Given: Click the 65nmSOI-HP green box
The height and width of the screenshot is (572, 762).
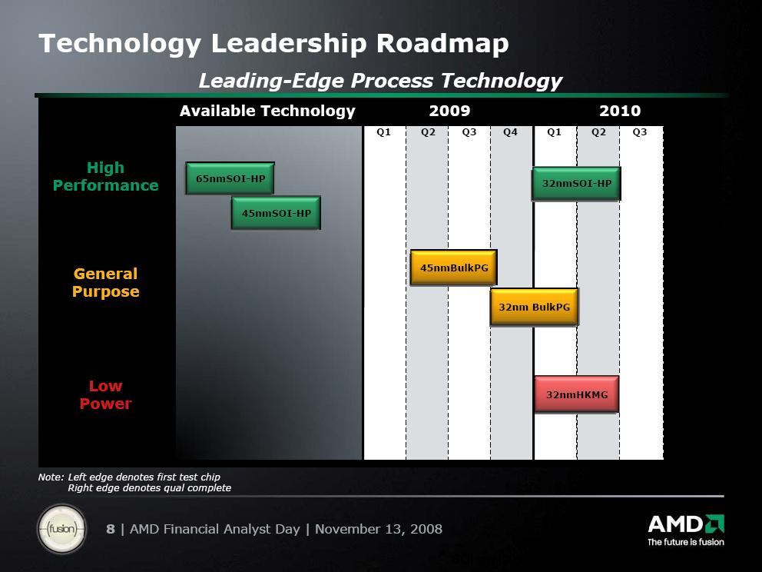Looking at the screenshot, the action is (230, 178).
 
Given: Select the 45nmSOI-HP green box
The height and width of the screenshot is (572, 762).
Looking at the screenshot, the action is (276, 213).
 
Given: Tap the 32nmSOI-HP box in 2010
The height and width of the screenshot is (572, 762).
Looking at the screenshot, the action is (576, 184).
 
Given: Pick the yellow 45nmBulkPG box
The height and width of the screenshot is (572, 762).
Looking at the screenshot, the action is (454, 268).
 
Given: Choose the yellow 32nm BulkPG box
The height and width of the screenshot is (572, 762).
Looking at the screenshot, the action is (535, 307).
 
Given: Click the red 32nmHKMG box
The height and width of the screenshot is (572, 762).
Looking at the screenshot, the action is (577, 394).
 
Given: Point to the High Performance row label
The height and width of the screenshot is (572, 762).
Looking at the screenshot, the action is (105, 177).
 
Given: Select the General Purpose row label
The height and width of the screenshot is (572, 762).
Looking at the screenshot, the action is (105, 283).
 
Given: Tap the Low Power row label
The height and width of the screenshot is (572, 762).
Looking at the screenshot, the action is (105, 394).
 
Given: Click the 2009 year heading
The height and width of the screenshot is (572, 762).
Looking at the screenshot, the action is (449, 111).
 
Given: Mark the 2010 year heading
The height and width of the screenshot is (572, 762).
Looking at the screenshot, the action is (620, 111).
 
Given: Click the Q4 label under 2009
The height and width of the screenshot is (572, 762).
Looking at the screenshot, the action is (510, 132).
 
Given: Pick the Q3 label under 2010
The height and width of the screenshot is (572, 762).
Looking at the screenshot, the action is (640, 132).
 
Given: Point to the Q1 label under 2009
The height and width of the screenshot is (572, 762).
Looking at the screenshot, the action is (383, 132).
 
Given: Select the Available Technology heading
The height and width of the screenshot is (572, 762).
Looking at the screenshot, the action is (267, 111).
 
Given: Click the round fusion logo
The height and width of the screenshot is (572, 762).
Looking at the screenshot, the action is (61, 529).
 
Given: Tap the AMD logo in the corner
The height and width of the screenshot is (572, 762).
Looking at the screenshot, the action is (686, 530).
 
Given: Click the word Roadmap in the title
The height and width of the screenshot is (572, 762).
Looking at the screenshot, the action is (442, 43).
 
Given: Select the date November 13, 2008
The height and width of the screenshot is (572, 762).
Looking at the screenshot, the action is (379, 529).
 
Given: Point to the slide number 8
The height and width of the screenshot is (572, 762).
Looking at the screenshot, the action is (111, 529).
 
